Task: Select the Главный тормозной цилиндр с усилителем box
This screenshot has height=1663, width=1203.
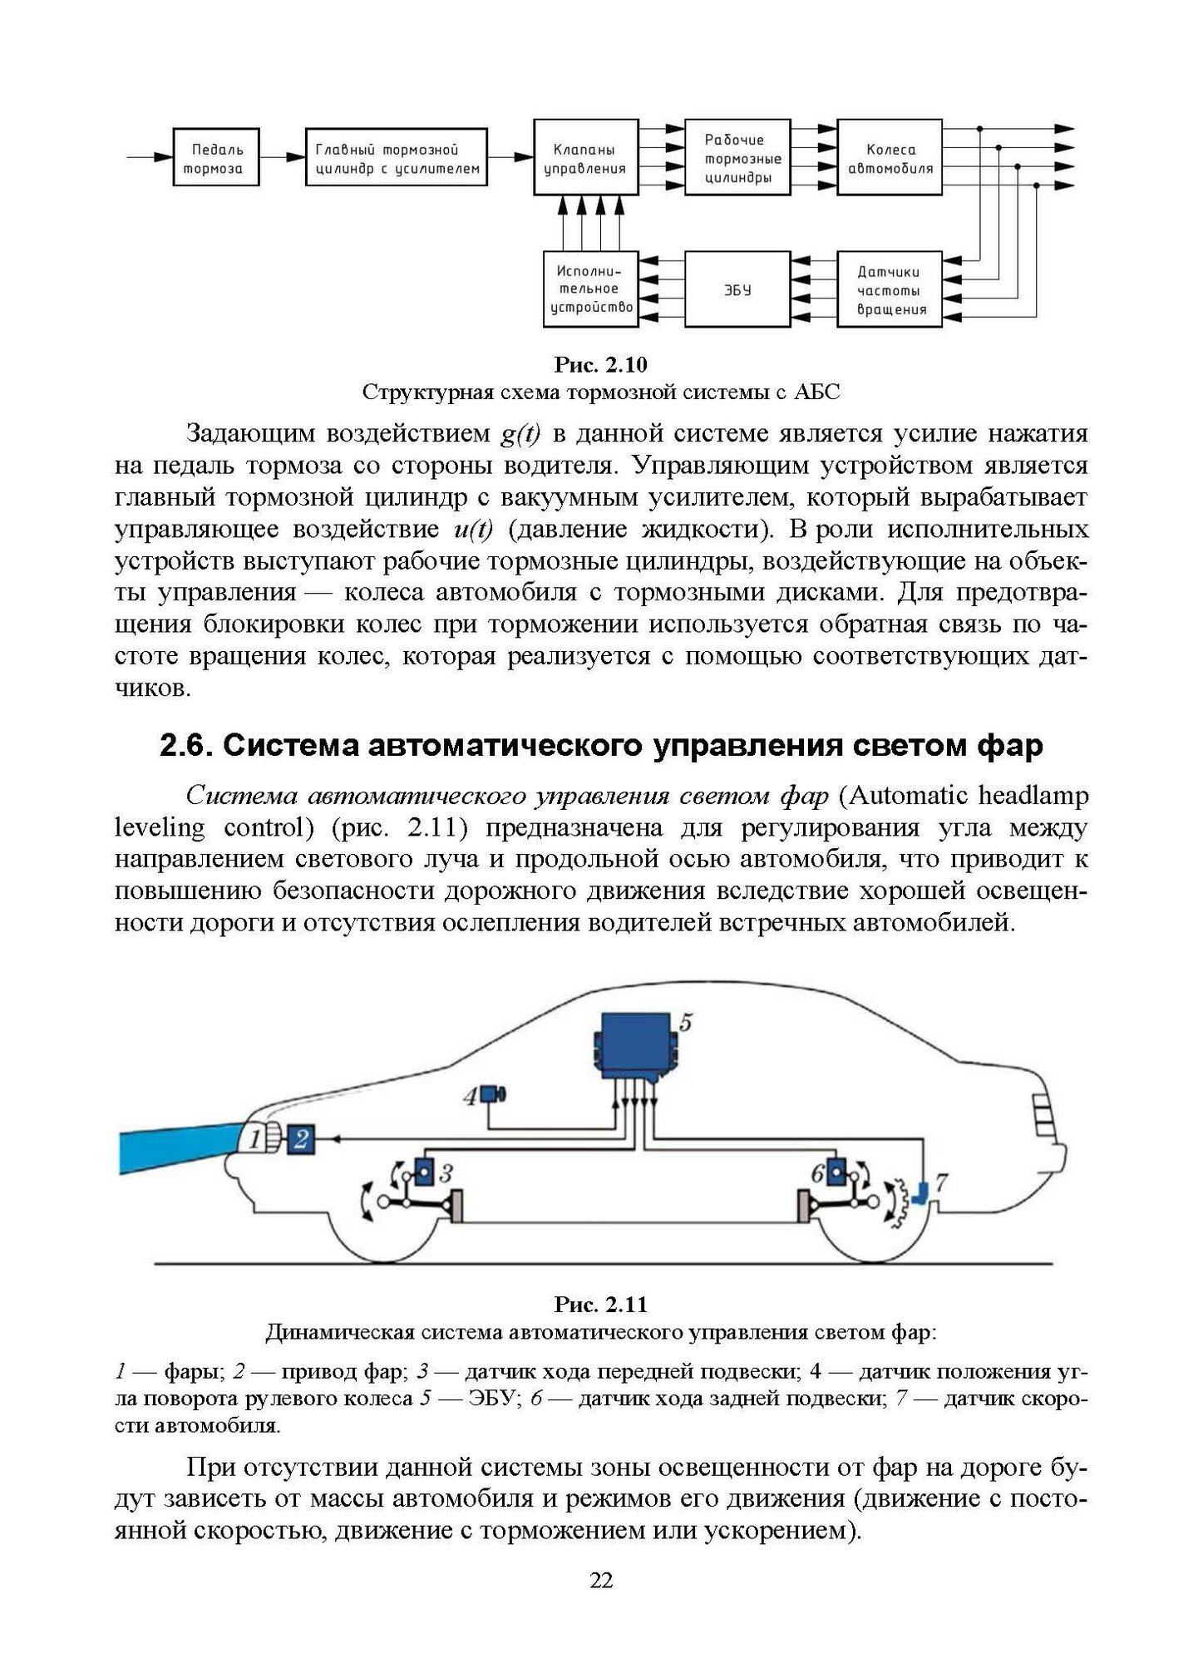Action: pos(397,158)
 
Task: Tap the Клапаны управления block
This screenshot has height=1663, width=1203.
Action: pos(584,158)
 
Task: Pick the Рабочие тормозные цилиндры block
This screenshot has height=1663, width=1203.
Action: pos(737,158)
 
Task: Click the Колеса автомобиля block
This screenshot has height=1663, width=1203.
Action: pos(890,158)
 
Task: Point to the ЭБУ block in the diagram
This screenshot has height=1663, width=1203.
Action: pos(737,290)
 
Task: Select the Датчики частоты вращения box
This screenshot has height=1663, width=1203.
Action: pos(890,290)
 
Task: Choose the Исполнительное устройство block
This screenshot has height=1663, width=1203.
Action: pos(589,290)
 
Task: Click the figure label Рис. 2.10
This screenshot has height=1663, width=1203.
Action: pos(601,365)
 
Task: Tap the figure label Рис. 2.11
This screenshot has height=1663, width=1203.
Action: pos(601,1303)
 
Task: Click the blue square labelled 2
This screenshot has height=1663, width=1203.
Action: pos(300,1138)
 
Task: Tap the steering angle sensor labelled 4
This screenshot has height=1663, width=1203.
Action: pos(496,1094)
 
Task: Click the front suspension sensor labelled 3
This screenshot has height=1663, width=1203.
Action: pos(424,1172)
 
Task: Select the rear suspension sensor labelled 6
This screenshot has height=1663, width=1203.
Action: pos(835,1172)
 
